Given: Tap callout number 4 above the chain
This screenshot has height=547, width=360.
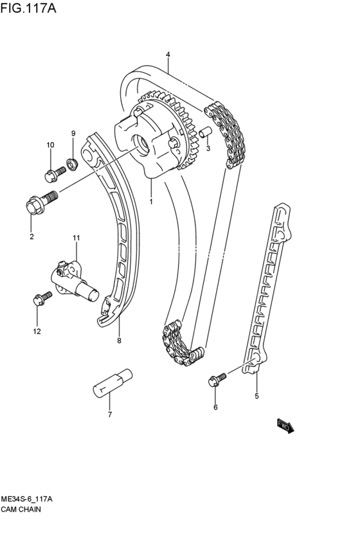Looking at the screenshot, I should pos(168,55).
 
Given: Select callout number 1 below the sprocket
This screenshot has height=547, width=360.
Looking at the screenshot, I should pos(152,201).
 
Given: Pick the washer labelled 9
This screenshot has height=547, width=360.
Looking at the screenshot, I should pos(73,165).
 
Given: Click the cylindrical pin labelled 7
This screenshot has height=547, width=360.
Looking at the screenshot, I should pos(113,382).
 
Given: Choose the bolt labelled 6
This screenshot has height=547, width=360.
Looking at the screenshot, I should pos(216,379).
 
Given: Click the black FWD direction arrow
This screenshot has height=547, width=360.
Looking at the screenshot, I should pos(285,427).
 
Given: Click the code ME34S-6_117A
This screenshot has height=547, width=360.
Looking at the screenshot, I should pos(26,499).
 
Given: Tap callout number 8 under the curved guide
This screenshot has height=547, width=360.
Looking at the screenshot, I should pos(119,341).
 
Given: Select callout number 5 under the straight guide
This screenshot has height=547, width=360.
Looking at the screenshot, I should pos(256,396).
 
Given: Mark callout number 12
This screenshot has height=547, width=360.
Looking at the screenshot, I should pos(37,332).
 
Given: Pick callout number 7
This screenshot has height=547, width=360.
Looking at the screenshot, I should pos(109,415).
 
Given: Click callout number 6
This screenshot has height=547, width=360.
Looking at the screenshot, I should pos(215,407).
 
